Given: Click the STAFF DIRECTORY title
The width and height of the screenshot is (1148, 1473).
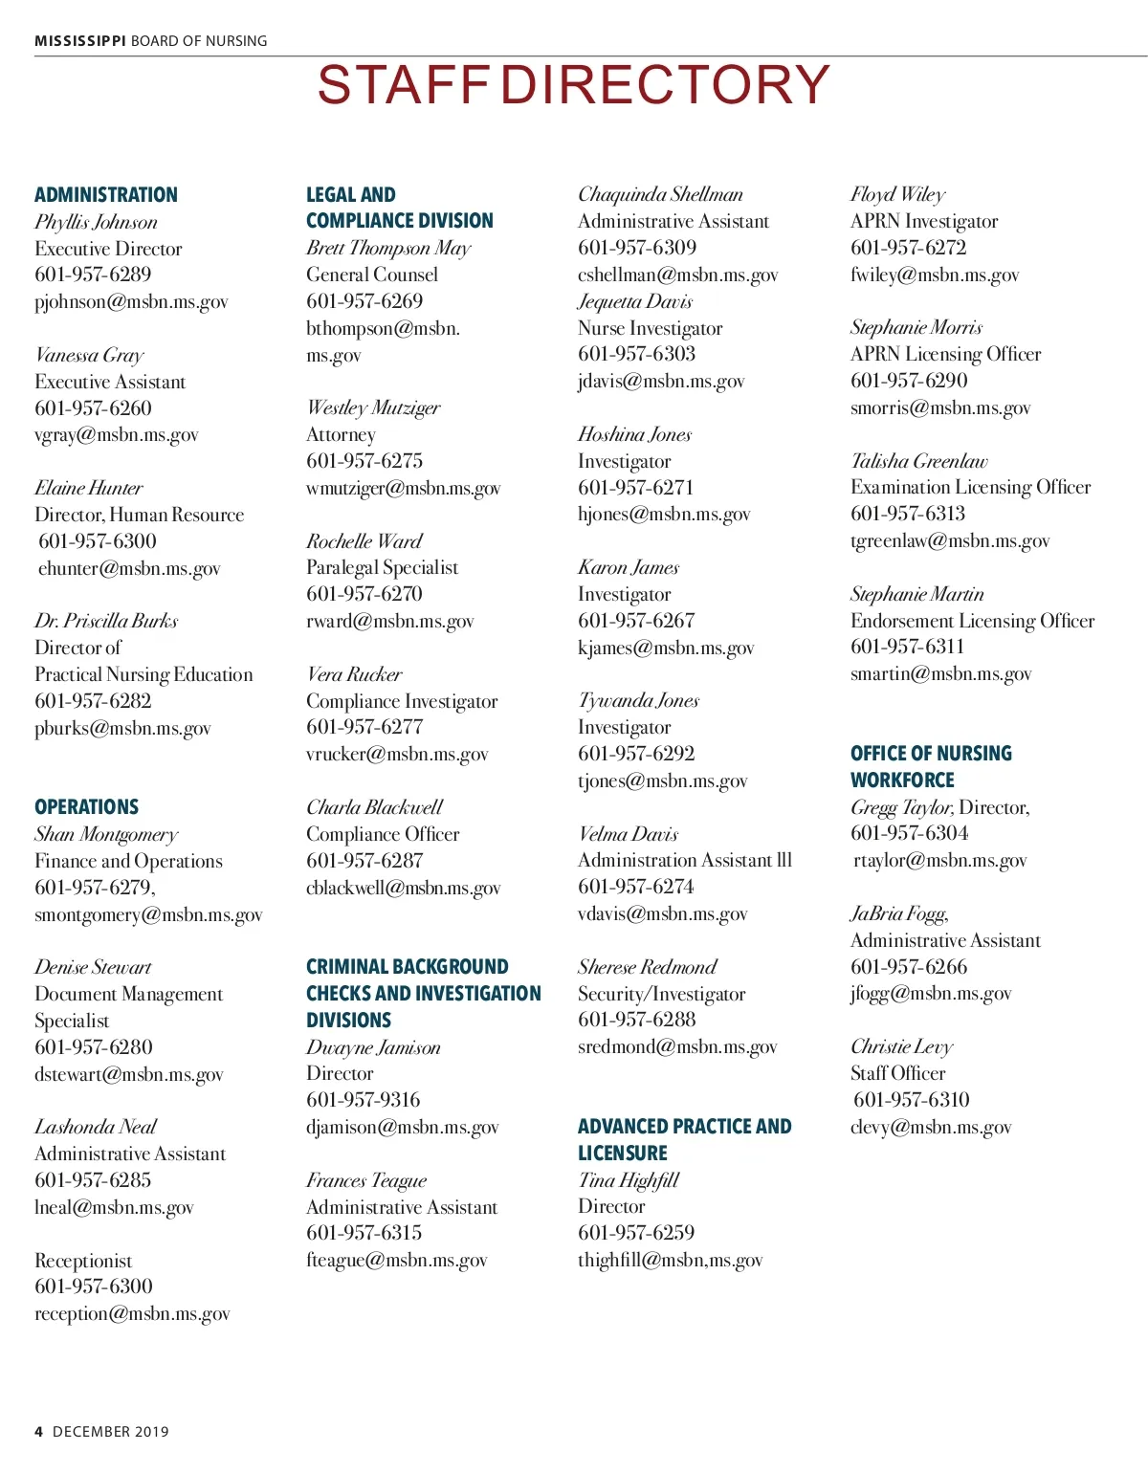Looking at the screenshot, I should pos(573,85).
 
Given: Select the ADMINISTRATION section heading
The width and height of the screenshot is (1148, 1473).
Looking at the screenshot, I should pos(106,195).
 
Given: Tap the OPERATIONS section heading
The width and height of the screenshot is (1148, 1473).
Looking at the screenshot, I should pos(87,807).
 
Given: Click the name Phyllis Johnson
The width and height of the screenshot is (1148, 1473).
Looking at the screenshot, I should pos(96,222).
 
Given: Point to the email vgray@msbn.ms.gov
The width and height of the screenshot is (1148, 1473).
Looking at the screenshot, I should pos(117,435).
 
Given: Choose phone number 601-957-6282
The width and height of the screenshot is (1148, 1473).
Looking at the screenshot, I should pos(93,701).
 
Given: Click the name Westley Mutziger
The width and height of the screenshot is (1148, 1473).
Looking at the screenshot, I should pos(373,408).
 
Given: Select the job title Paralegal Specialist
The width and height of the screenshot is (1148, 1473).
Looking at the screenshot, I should pos(382,567).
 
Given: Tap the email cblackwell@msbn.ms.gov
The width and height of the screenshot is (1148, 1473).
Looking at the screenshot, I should pos(403,889).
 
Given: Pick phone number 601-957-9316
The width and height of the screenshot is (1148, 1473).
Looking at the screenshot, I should pos(364,1100).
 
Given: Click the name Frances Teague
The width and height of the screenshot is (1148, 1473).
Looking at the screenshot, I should pos(366,1180).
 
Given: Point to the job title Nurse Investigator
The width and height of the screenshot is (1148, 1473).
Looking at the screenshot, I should pos(651,328).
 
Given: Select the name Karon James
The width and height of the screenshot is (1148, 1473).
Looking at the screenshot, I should pos(629,567).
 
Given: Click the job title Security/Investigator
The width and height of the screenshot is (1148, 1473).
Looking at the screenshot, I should pos(661,994).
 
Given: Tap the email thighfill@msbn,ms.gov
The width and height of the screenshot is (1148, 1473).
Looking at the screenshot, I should pos(670,1261).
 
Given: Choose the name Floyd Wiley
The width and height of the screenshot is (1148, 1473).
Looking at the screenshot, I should pos(897,195).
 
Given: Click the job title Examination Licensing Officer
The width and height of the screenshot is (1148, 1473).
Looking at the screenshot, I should pos(970,487).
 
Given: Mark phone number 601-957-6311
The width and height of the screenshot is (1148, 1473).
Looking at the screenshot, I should pos(907,647).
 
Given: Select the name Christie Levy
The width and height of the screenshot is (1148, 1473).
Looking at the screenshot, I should pos(901,1046).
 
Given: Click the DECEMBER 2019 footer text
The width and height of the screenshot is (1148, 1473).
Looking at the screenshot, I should pos(110,1432).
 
